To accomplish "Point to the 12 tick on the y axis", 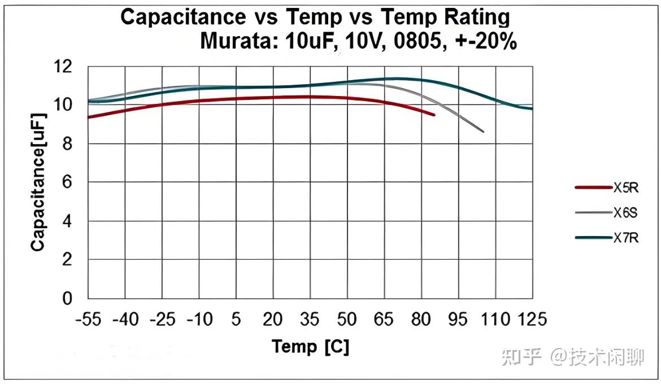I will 63,67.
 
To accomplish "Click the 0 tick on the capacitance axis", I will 68,298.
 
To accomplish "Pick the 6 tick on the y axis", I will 68,182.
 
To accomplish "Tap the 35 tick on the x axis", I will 310,320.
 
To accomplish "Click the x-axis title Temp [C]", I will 310,346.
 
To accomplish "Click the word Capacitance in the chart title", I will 181,18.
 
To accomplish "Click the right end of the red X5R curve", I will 434,115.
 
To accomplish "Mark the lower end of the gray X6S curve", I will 483,132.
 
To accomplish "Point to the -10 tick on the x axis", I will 199,320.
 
